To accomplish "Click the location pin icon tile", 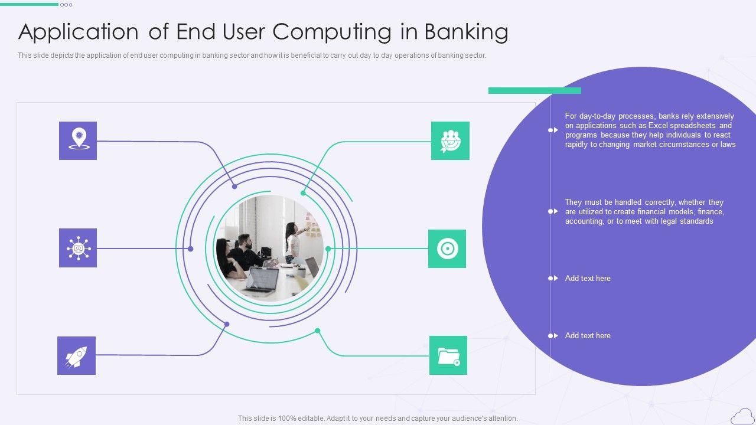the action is coord(78,140).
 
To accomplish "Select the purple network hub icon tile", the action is coord(78,248).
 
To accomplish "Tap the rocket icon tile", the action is coord(76,355).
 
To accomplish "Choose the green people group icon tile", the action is coord(450,140).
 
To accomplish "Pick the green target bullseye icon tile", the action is coord(447,249).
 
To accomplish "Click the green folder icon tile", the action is coord(448,355).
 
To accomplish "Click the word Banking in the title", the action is coord(466,32).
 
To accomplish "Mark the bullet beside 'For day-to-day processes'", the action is coord(553,130).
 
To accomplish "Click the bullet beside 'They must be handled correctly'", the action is coord(553,211).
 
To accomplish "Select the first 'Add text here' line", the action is coord(588,278).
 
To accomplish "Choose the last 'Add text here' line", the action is coord(588,335).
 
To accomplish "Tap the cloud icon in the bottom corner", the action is coord(742,416).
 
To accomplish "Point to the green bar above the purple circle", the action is coord(535,90).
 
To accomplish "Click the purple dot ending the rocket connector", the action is coord(227,324).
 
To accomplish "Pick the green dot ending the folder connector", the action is coord(318,331).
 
